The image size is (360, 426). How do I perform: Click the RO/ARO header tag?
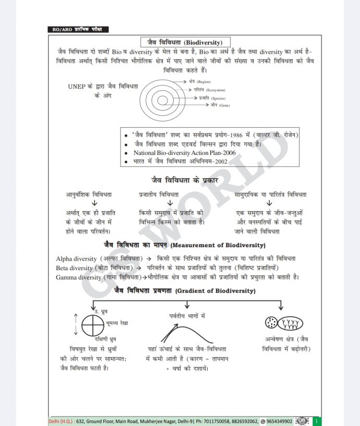click(x=79, y=30)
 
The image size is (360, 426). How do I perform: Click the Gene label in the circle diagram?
click(x=220, y=105)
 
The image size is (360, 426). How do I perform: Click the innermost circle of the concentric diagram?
click(x=163, y=100)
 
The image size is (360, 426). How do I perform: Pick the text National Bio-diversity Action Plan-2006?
click(x=184, y=153)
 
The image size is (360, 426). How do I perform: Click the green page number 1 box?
click(x=315, y=421)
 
